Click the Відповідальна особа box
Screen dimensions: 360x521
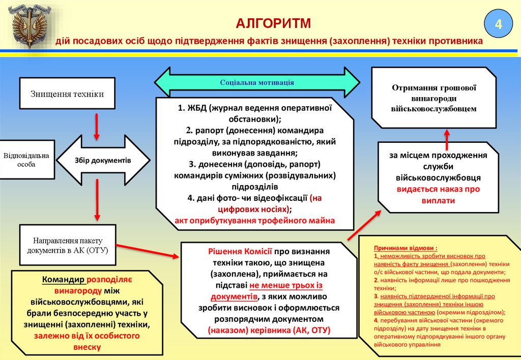click(26, 160)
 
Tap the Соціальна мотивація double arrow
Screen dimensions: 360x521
click(257, 82)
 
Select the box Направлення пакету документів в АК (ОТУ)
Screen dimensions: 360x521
click(68, 245)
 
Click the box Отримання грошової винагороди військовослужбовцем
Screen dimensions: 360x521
click(433, 98)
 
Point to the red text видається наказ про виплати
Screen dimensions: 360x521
click(438, 195)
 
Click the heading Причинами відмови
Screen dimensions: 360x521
click(406, 248)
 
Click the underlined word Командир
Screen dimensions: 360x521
click(64, 279)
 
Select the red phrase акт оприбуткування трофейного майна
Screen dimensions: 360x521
click(255, 221)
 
